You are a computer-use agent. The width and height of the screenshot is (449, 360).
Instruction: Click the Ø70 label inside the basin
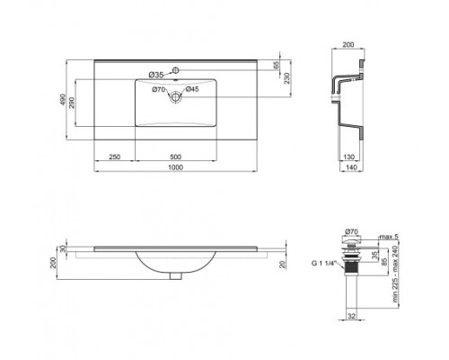(x=159, y=89)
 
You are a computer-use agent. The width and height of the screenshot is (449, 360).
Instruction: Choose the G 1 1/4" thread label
(x=324, y=263)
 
